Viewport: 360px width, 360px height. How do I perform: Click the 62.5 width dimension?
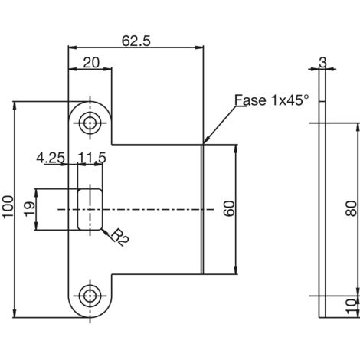coord(136,41)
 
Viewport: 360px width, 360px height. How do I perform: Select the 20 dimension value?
coord(91,63)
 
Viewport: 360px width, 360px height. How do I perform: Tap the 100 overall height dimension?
coord(8,207)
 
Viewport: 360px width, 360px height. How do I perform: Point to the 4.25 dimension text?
coord(51,158)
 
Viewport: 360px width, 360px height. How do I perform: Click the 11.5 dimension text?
coord(92,158)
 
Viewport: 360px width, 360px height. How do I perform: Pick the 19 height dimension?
coord(30,209)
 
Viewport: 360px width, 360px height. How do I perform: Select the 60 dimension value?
coord(229,208)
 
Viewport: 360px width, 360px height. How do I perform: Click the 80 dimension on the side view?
coord(352,208)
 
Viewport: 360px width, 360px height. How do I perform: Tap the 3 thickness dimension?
coord(322,63)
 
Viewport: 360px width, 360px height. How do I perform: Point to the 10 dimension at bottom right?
coord(352,306)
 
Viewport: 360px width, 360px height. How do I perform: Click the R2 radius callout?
coord(119,237)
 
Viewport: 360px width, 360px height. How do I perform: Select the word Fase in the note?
coord(250,100)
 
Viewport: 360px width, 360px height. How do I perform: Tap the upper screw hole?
coord(90,123)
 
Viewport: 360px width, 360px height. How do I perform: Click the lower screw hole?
coord(90,296)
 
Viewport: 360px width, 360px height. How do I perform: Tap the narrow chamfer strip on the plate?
coord(202,209)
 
